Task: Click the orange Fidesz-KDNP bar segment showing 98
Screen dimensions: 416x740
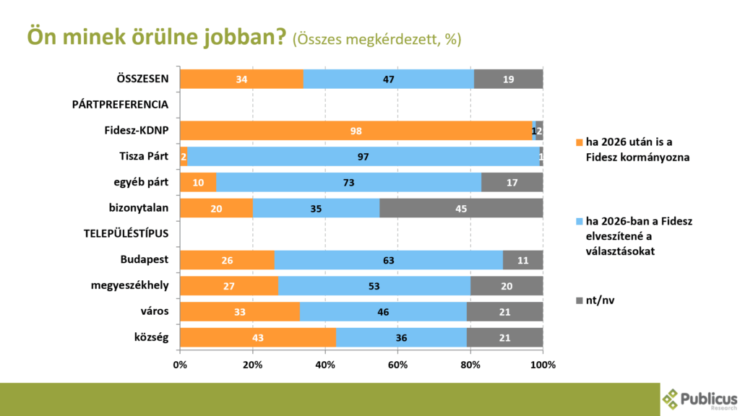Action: [x=356, y=131]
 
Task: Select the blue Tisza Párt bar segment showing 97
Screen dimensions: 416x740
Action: [x=363, y=157]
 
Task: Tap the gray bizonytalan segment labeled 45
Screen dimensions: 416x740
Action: [x=460, y=209]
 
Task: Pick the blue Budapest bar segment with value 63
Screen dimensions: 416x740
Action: [x=388, y=260]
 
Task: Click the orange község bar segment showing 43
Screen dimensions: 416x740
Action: [x=258, y=338]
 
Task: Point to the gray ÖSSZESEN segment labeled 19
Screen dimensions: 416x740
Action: [x=508, y=79]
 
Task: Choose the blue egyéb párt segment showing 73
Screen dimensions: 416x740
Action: [x=348, y=183]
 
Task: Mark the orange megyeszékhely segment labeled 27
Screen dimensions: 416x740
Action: [x=229, y=286]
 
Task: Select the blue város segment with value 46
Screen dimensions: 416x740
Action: [x=383, y=312]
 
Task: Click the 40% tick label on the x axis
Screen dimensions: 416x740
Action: [x=325, y=365]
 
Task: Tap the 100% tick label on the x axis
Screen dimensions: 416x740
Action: [x=543, y=365]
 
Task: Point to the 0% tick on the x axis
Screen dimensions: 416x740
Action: [x=181, y=365]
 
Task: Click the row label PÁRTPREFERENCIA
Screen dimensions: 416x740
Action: [x=121, y=105]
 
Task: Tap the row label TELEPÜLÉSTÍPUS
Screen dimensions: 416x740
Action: [x=126, y=234]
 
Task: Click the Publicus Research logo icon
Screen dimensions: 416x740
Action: [x=671, y=398]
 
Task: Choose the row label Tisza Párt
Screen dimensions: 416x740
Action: [x=144, y=157]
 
